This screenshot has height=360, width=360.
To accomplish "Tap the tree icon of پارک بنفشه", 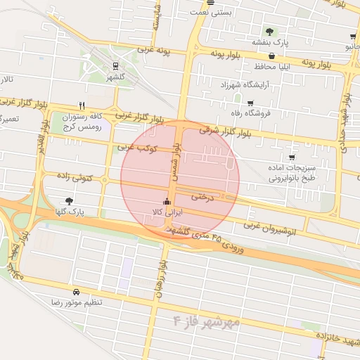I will coord(269,31).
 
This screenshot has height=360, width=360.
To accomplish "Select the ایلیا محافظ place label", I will coord(282,67).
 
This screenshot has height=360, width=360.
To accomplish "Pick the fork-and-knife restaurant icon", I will coord(82,105).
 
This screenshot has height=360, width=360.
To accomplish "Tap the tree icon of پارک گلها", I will coord(68,201).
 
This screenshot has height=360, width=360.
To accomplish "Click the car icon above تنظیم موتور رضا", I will coord(76,291).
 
